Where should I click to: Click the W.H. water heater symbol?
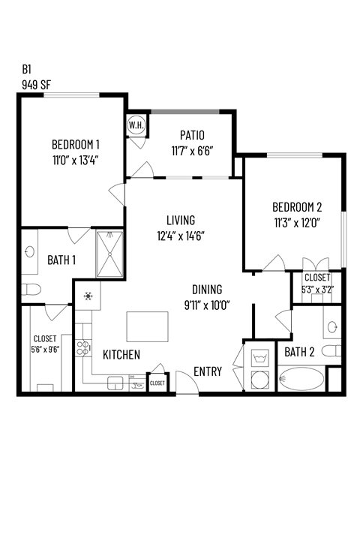(x=136, y=125)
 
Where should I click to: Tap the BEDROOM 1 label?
(x=76, y=144)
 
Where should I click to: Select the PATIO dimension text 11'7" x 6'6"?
(x=192, y=149)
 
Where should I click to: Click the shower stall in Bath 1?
(x=110, y=254)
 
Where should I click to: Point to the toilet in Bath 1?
(x=28, y=290)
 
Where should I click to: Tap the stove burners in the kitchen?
(x=88, y=296)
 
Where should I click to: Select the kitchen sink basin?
(x=116, y=383)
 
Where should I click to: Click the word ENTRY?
(x=207, y=371)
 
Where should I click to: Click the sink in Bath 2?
(x=334, y=326)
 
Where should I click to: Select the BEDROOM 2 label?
(x=298, y=207)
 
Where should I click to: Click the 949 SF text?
(x=37, y=84)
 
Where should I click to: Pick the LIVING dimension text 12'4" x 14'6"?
(x=181, y=235)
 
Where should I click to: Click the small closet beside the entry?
(x=157, y=383)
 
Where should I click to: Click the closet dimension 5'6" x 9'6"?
(x=45, y=348)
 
